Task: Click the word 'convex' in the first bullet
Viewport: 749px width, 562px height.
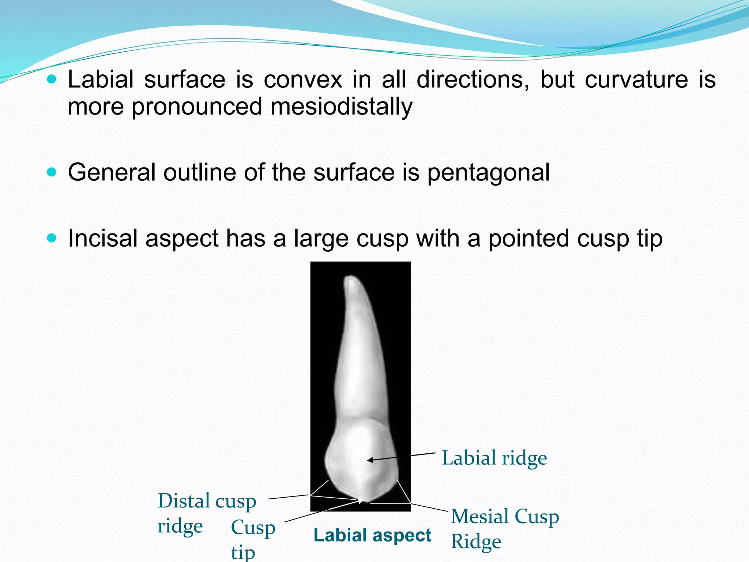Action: [x=303, y=79]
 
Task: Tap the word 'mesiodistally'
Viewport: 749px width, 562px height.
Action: [x=341, y=107]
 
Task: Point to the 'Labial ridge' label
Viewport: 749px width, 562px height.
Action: [x=494, y=458]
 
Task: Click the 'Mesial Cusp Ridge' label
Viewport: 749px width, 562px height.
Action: [x=504, y=528]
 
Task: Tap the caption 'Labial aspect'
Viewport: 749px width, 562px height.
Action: [x=372, y=535]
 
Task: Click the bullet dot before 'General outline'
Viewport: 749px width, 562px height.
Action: [x=52, y=172]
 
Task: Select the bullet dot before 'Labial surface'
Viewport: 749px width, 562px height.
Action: [x=52, y=79]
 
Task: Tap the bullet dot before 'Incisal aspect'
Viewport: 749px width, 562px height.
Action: [x=52, y=238]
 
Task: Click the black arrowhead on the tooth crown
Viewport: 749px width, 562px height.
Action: [x=370, y=460]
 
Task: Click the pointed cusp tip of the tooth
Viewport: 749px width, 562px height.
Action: [x=362, y=501]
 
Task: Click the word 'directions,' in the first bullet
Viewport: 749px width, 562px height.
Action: [x=473, y=79]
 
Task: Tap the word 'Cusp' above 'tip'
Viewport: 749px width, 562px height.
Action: [x=253, y=528]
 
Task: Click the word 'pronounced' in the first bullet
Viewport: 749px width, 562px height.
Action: [x=197, y=107]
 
